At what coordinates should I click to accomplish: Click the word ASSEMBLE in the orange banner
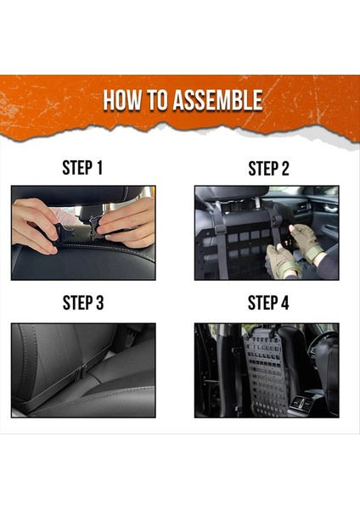(x=217, y=100)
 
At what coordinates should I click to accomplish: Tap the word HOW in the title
(x=122, y=100)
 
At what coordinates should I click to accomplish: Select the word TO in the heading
(x=158, y=100)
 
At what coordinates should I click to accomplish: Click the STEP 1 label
(x=82, y=168)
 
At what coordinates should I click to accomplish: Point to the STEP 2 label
(x=268, y=169)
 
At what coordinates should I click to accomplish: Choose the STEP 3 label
(x=83, y=303)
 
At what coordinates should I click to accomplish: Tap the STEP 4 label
(x=268, y=303)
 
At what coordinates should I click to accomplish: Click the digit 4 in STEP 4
(x=284, y=303)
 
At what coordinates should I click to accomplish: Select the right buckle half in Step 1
(x=97, y=227)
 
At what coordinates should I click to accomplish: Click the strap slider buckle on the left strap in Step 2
(x=221, y=230)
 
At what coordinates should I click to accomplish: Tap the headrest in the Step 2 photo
(x=233, y=193)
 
